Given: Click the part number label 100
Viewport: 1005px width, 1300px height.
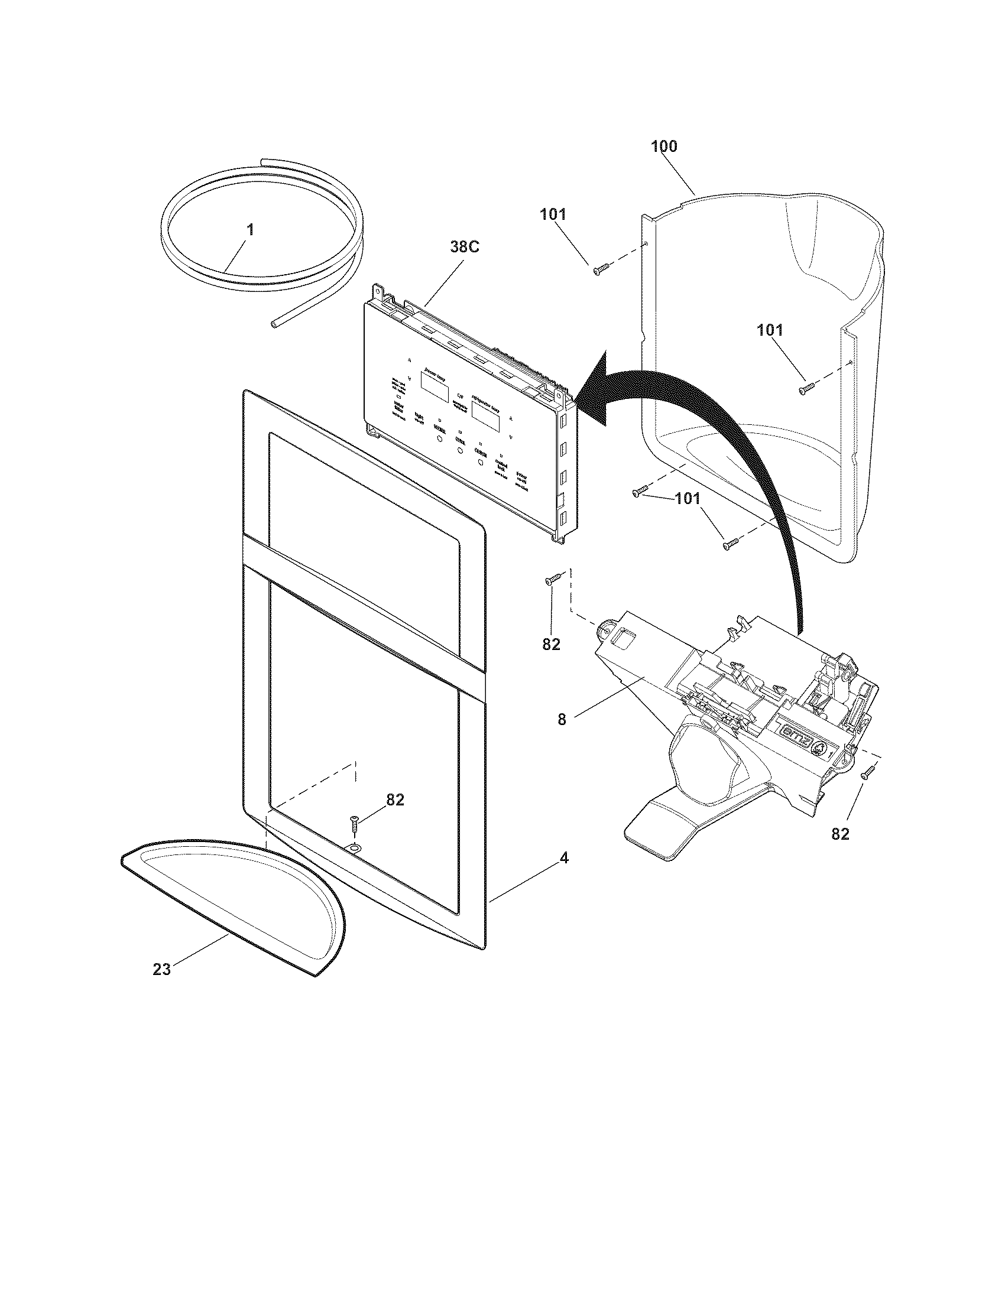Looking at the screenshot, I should [x=664, y=146].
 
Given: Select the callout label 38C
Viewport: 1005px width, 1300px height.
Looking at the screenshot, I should [x=464, y=248].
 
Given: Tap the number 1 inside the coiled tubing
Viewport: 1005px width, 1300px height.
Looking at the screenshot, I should [x=251, y=230].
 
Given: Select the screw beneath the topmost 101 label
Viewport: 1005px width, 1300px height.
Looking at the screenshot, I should [x=600, y=269].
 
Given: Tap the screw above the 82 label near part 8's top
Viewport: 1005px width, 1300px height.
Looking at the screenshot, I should [x=554, y=578].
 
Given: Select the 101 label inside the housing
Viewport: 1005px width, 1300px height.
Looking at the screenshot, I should [x=770, y=330].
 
